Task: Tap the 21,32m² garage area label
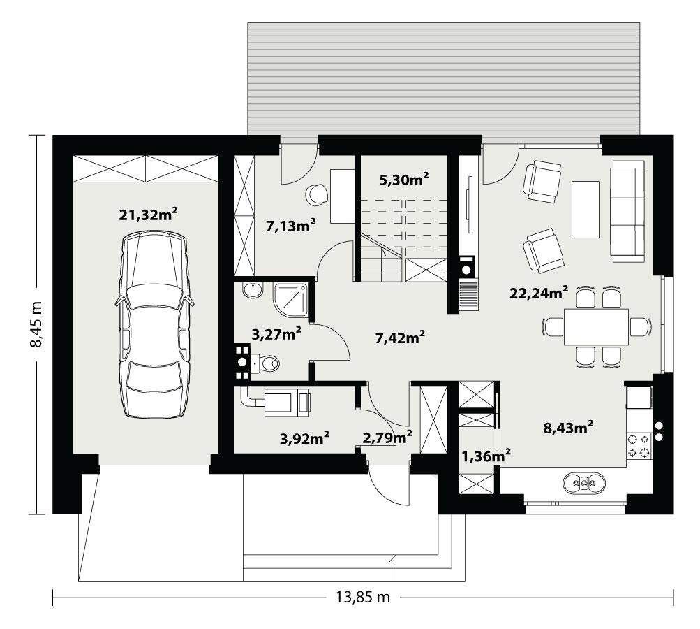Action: pyautogui.click(x=147, y=215)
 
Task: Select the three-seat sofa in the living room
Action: pyautogui.click(x=627, y=211)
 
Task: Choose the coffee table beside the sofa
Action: pyautogui.click(x=585, y=209)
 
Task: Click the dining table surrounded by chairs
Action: pyautogui.click(x=597, y=326)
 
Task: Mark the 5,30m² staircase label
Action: pyautogui.click(x=403, y=180)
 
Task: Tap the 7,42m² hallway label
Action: pyautogui.click(x=401, y=338)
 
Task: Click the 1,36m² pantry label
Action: pyautogui.click(x=486, y=456)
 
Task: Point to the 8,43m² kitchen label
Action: pyautogui.click(x=568, y=427)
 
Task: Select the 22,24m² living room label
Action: pyautogui.click(x=538, y=291)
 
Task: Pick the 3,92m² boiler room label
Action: pyautogui.click(x=304, y=438)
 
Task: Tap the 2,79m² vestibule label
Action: pyautogui.click(x=386, y=438)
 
